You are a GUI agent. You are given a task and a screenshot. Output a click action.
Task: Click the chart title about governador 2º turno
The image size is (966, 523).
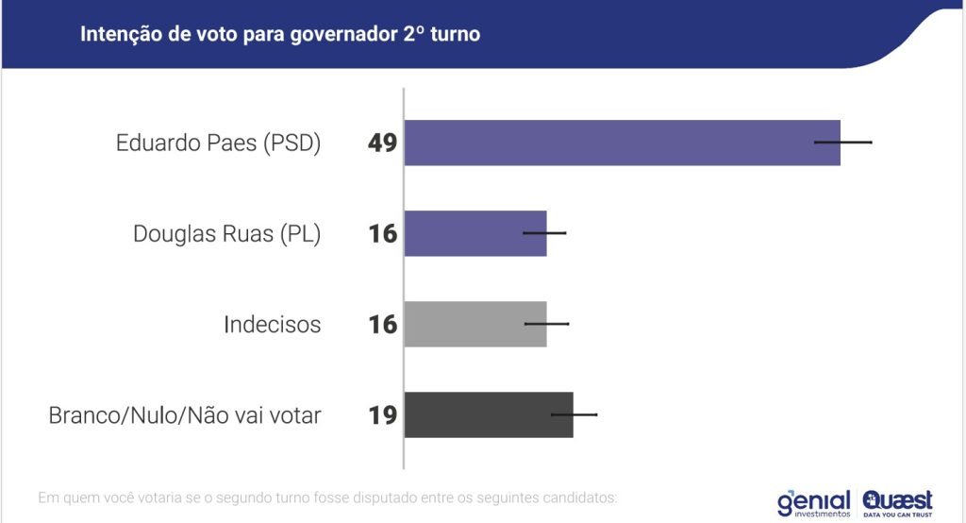[280, 35]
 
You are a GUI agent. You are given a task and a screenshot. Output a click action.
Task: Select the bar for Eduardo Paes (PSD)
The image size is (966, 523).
[622, 143]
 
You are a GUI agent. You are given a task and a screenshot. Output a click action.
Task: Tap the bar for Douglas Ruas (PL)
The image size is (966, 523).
[475, 233]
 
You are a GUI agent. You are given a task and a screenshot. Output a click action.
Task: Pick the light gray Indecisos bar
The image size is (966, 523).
[475, 324]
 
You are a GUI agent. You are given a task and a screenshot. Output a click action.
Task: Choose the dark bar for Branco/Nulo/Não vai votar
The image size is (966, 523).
[489, 414]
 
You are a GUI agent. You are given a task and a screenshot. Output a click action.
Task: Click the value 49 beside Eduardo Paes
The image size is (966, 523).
[383, 143]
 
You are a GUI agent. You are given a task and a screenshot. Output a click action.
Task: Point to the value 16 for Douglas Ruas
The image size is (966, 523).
[383, 234]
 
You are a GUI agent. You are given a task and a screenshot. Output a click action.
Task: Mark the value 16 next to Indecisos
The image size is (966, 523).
[383, 325]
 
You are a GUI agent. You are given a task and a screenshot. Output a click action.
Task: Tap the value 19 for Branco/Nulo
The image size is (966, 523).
[383, 415]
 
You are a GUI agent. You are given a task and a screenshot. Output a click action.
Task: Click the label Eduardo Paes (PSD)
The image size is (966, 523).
[218, 143]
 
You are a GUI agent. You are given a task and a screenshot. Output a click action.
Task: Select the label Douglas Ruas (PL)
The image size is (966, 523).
[226, 234]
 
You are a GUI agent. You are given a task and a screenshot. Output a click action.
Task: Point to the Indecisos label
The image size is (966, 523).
[272, 325]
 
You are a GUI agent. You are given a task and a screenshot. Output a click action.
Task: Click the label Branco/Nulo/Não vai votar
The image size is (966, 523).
[185, 415]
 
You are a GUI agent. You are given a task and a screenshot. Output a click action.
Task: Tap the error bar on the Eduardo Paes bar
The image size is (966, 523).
[843, 143]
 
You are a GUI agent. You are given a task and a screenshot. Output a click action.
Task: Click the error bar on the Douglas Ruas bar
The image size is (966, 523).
[544, 232]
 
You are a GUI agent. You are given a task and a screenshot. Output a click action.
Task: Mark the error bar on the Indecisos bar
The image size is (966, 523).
[547, 323]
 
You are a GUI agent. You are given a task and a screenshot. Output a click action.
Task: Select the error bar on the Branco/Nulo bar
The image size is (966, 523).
[574, 414]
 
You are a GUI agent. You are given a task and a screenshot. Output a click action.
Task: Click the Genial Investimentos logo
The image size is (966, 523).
[813, 502]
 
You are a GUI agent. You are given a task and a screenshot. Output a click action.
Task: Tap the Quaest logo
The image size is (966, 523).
[897, 502]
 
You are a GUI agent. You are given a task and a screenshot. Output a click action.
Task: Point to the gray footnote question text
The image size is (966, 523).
[326, 497]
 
